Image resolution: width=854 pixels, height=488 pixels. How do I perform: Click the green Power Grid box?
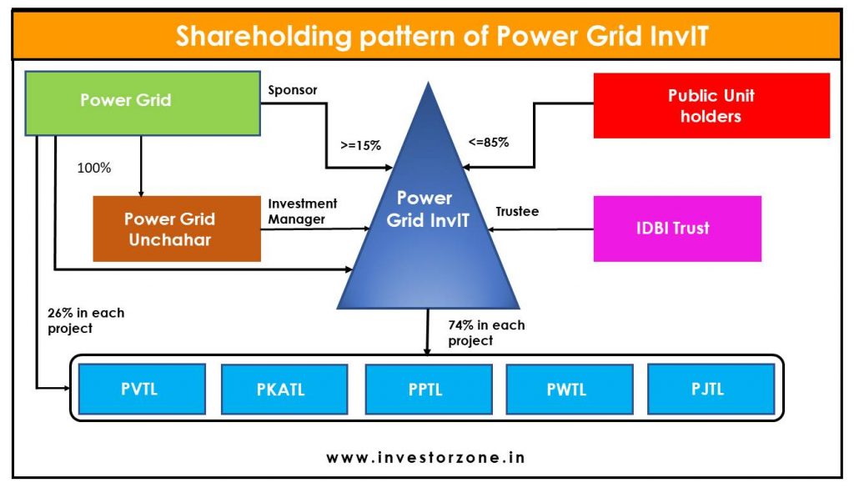142,102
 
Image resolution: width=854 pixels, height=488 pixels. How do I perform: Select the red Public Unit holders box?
711,105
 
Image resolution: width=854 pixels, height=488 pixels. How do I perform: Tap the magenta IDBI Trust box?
676,229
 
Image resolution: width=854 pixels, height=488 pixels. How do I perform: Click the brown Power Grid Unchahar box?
177,229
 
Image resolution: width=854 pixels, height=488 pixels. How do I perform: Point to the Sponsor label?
292,90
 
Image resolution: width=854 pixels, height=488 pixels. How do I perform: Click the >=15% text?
360,145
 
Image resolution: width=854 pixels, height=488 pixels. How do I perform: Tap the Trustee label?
517,212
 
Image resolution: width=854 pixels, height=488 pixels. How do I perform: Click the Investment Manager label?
302,211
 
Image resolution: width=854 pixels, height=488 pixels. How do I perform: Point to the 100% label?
93,168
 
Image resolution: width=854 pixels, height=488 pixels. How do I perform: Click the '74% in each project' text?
486,333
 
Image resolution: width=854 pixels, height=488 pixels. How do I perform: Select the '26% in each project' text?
85,320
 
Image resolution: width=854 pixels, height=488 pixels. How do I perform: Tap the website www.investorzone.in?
425,457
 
